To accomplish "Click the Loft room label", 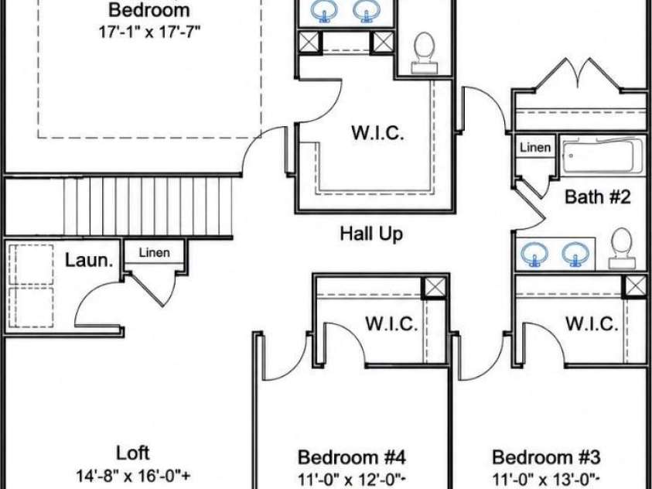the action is click(133, 453).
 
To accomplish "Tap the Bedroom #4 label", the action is click(352, 457).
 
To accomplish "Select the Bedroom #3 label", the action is click(546, 457).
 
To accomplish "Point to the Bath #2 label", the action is click(598, 197).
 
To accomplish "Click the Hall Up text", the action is click(371, 234).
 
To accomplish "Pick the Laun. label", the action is click(89, 261).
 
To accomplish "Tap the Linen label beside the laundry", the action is click(154, 252).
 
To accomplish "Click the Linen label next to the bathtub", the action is click(535, 147).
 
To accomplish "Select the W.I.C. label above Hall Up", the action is click(377, 133).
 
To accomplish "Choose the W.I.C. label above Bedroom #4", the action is click(391, 323).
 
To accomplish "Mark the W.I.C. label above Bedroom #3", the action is click(592, 323).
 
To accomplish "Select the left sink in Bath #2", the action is click(534, 254).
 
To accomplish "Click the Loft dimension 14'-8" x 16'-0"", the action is click(134, 475).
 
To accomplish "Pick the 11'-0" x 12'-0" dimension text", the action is click(353, 479).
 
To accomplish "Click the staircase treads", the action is click(148, 207).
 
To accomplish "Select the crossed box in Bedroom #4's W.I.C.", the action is click(435, 288).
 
